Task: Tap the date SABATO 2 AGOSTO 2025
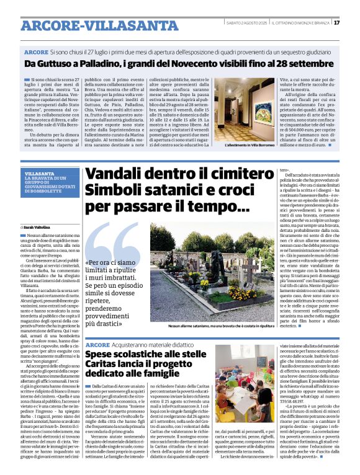(x=246, y=23)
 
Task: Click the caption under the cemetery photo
(x=211, y=325)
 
